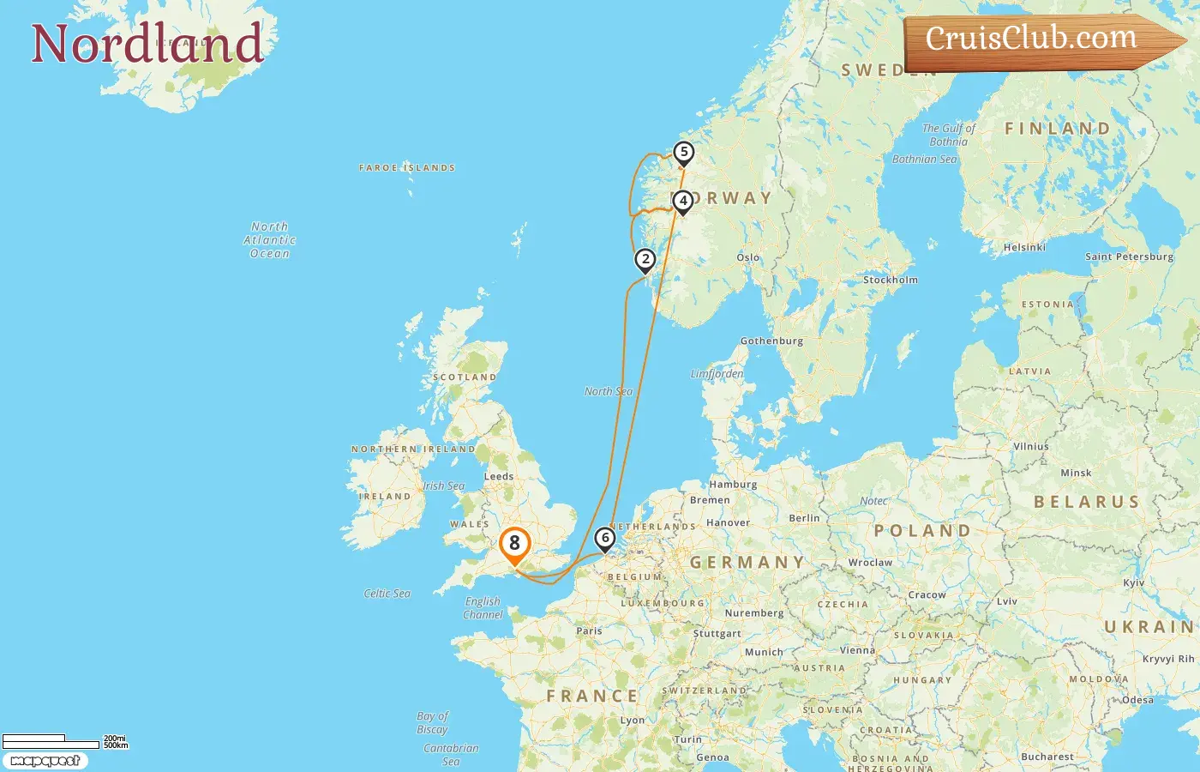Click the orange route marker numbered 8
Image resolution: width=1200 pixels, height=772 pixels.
click(x=514, y=544)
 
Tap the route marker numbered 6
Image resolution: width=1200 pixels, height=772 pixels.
click(x=605, y=539)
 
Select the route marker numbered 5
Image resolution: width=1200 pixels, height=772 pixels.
click(x=683, y=153)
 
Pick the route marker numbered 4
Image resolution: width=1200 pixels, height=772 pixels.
click(x=683, y=202)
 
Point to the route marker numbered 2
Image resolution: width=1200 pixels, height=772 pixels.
click(x=645, y=259)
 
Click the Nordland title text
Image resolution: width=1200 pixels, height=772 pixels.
click(x=147, y=44)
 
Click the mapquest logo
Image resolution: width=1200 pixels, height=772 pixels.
click(x=45, y=761)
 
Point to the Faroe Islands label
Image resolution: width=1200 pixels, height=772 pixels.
click(x=406, y=168)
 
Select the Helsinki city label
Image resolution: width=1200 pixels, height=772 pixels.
click(x=1024, y=247)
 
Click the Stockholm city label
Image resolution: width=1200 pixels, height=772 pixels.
click(x=890, y=280)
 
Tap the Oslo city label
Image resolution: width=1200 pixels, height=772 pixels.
click(x=747, y=257)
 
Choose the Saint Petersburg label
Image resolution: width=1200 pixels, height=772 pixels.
click(x=1129, y=256)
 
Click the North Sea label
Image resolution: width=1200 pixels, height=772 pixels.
click(x=608, y=391)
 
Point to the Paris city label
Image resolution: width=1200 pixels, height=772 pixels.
click(x=589, y=630)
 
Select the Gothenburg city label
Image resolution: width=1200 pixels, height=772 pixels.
click(x=771, y=341)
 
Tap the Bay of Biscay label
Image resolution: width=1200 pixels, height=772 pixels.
click(x=432, y=722)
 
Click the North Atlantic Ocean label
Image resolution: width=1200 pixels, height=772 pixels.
click(x=269, y=240)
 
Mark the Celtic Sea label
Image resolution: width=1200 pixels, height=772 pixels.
click(x=387, y=593)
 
